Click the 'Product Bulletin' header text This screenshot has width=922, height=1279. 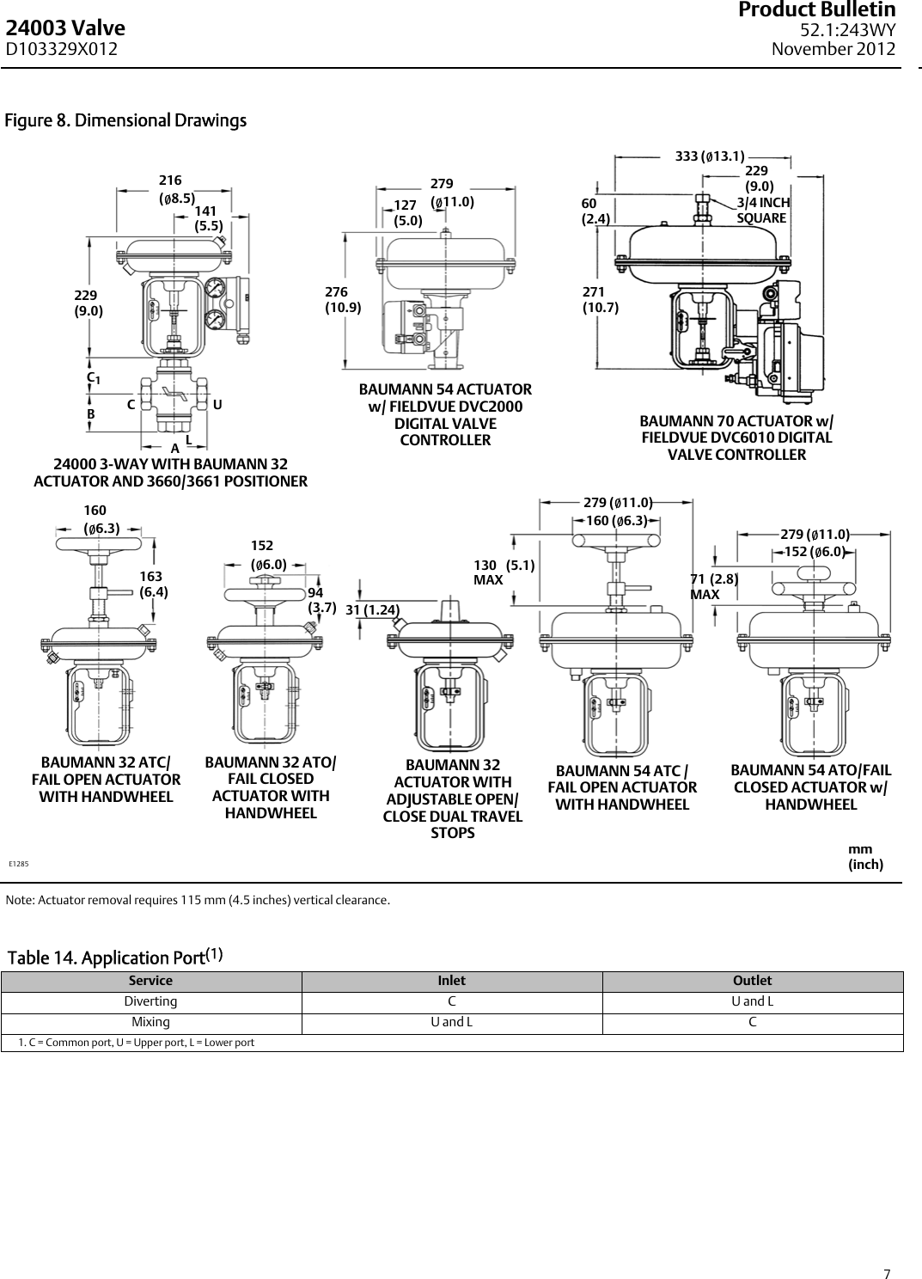pyautogui.click(x=828, y=10)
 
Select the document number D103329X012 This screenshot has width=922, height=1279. pyautogui.click(x=62, y=50)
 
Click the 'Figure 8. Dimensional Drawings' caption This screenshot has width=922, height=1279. pyautogui.click(x=125, y=120)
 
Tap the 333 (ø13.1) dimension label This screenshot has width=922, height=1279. pyautogui.click(x=709, y=156)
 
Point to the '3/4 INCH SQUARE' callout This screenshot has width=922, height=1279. pyautogui.click(x=762, y=211)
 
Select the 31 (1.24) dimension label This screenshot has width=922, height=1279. pyautogui.click(x=372, y=609)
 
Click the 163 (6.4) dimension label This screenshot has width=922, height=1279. pyautogui.click(x=153, y=584)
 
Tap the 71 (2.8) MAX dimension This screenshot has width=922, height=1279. pyautogui.click(x=714, y=586)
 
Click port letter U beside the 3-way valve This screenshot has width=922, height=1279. pyautogui.click(x=217, y=404)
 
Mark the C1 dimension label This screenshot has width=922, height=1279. pyautogui.click(x=93, y=377)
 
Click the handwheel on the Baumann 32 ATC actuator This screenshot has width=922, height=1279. pyautogui.click(x=101, y=545)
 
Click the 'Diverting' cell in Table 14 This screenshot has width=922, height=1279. pyautogui.click(x=151, y=1001)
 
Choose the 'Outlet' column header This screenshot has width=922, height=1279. pyautogui.click(x=752, y=981)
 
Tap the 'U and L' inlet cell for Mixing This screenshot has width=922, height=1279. pyautogui.click(x=452, y=1023)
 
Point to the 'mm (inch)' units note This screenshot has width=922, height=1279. pyautogui.click(x=864, y=857)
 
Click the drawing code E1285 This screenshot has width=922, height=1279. pyautogui.click(x=19, y=863)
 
